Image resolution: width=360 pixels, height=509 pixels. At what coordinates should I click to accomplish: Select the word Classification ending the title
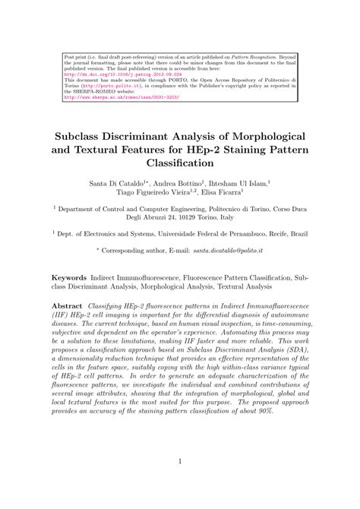coord(179,163)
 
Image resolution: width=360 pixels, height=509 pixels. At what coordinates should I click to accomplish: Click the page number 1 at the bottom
coord(179,481)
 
